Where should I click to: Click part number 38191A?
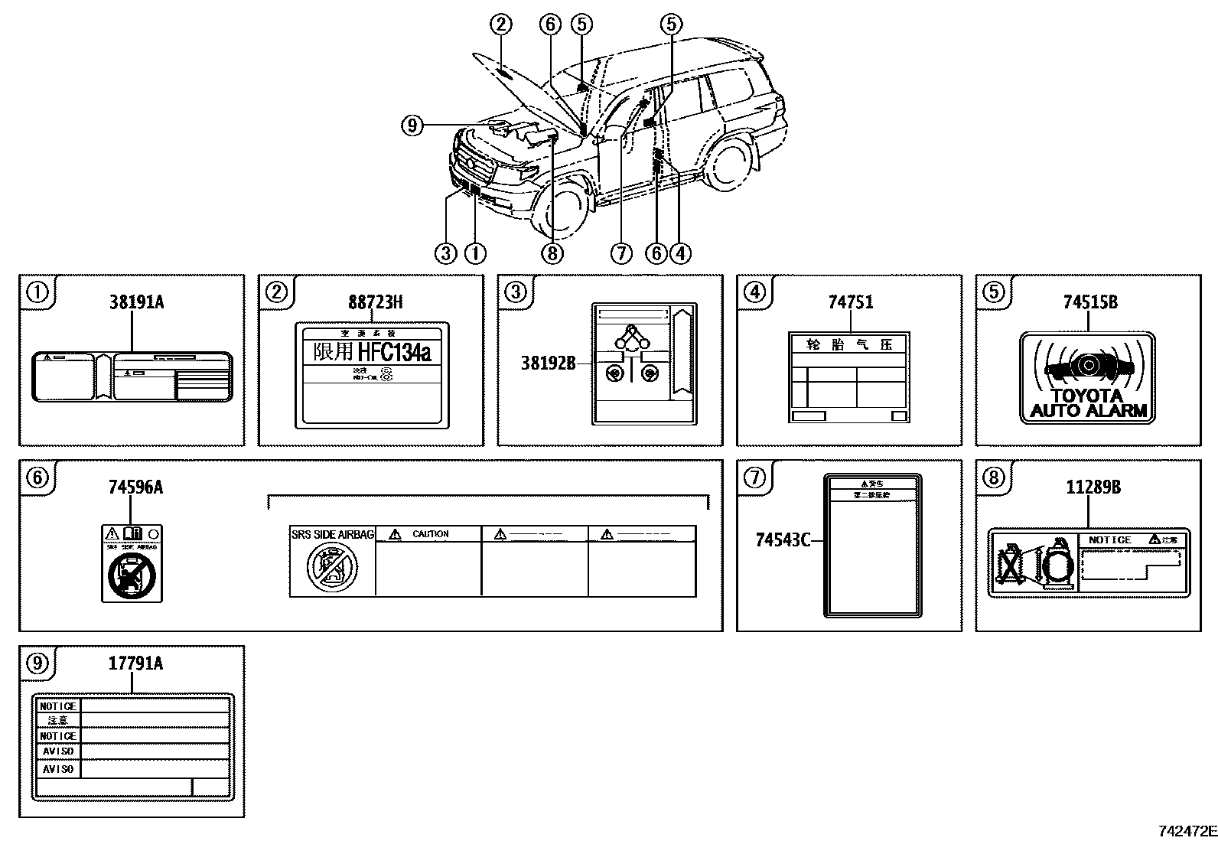coord(136,302)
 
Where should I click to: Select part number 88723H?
coord(375,302)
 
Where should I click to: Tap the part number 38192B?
coord(548,363)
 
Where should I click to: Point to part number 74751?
coord(850,302)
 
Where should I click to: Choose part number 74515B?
coord(1089,302)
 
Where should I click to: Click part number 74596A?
coord(135,487)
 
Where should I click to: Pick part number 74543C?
coord(782,540)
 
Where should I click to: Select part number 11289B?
coord(1093,487)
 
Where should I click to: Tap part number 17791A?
coord(135,663)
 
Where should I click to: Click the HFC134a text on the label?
coord(394,352)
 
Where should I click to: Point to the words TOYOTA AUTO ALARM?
coord(1088,403)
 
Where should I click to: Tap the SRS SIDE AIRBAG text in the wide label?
coord(332,534)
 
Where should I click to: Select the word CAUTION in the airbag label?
coord(430,534)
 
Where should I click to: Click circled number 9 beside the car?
coord(412,125)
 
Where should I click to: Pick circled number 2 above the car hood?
coord(501,24)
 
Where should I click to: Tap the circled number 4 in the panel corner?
coord(755,292)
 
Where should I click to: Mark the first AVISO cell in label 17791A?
coord(58,751)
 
